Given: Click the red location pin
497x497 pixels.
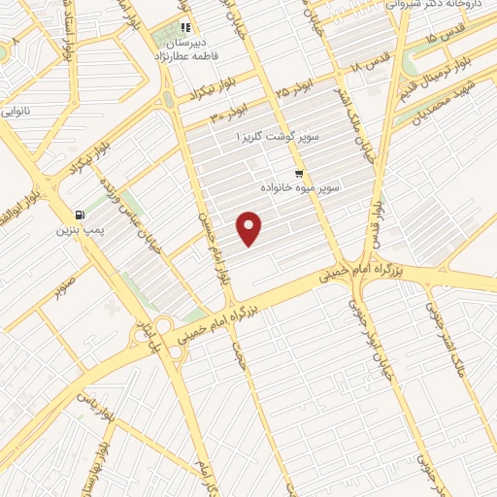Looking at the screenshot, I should point(250,227).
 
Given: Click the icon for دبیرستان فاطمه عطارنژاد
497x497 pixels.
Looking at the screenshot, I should point(183,27).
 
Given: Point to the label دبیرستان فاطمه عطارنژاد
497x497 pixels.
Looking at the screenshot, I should point(184,50).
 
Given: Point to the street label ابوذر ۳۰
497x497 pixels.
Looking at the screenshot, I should point(231,114).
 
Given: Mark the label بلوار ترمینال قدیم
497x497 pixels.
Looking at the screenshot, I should point(456,80).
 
